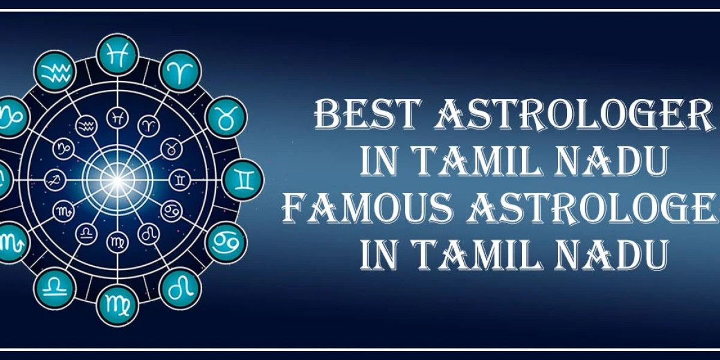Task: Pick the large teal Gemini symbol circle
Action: pyautogui.click(x=243, y=179)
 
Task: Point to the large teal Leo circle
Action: pyautogui.click(x=181, y=288)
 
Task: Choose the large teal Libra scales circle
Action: pyautogui.click(x=55, y=287)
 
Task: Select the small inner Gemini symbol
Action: pyautogui.click(x=180, y=179)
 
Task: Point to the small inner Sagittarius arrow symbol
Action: pyautogui.click(x=55, y=179)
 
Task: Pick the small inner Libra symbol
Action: pyautogui.click(x=87, y=232)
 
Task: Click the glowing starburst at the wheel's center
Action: pyautogui.click(x=118, y=178)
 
